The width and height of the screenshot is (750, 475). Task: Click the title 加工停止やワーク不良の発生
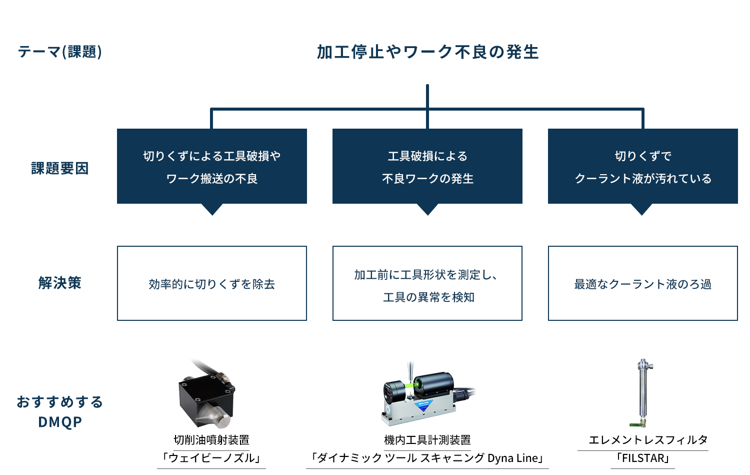pos(427,52)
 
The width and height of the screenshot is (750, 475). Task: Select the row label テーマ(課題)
pos(60,52)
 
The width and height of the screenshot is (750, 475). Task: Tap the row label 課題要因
pos(60,168)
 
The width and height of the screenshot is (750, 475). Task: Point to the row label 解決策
pos(60,283)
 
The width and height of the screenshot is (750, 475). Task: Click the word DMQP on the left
pos(60,422)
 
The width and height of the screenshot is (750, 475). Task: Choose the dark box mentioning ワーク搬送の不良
pos(212,166)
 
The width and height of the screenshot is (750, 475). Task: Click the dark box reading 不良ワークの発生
pos(427,166)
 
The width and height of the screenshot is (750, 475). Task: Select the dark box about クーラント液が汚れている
pos(643,166)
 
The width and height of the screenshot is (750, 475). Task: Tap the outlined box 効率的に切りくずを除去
pos(212,283)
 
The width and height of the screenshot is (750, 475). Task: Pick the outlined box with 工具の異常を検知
pos(427,283)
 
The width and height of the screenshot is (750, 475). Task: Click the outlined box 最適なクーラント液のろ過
pos(643,283)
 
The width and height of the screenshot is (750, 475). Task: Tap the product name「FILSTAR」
pos(643,458)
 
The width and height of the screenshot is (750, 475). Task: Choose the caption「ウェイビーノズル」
pos(211,458)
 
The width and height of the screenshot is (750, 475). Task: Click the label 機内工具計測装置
pos(427,440)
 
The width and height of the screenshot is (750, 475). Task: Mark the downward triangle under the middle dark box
pos(427,209)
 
